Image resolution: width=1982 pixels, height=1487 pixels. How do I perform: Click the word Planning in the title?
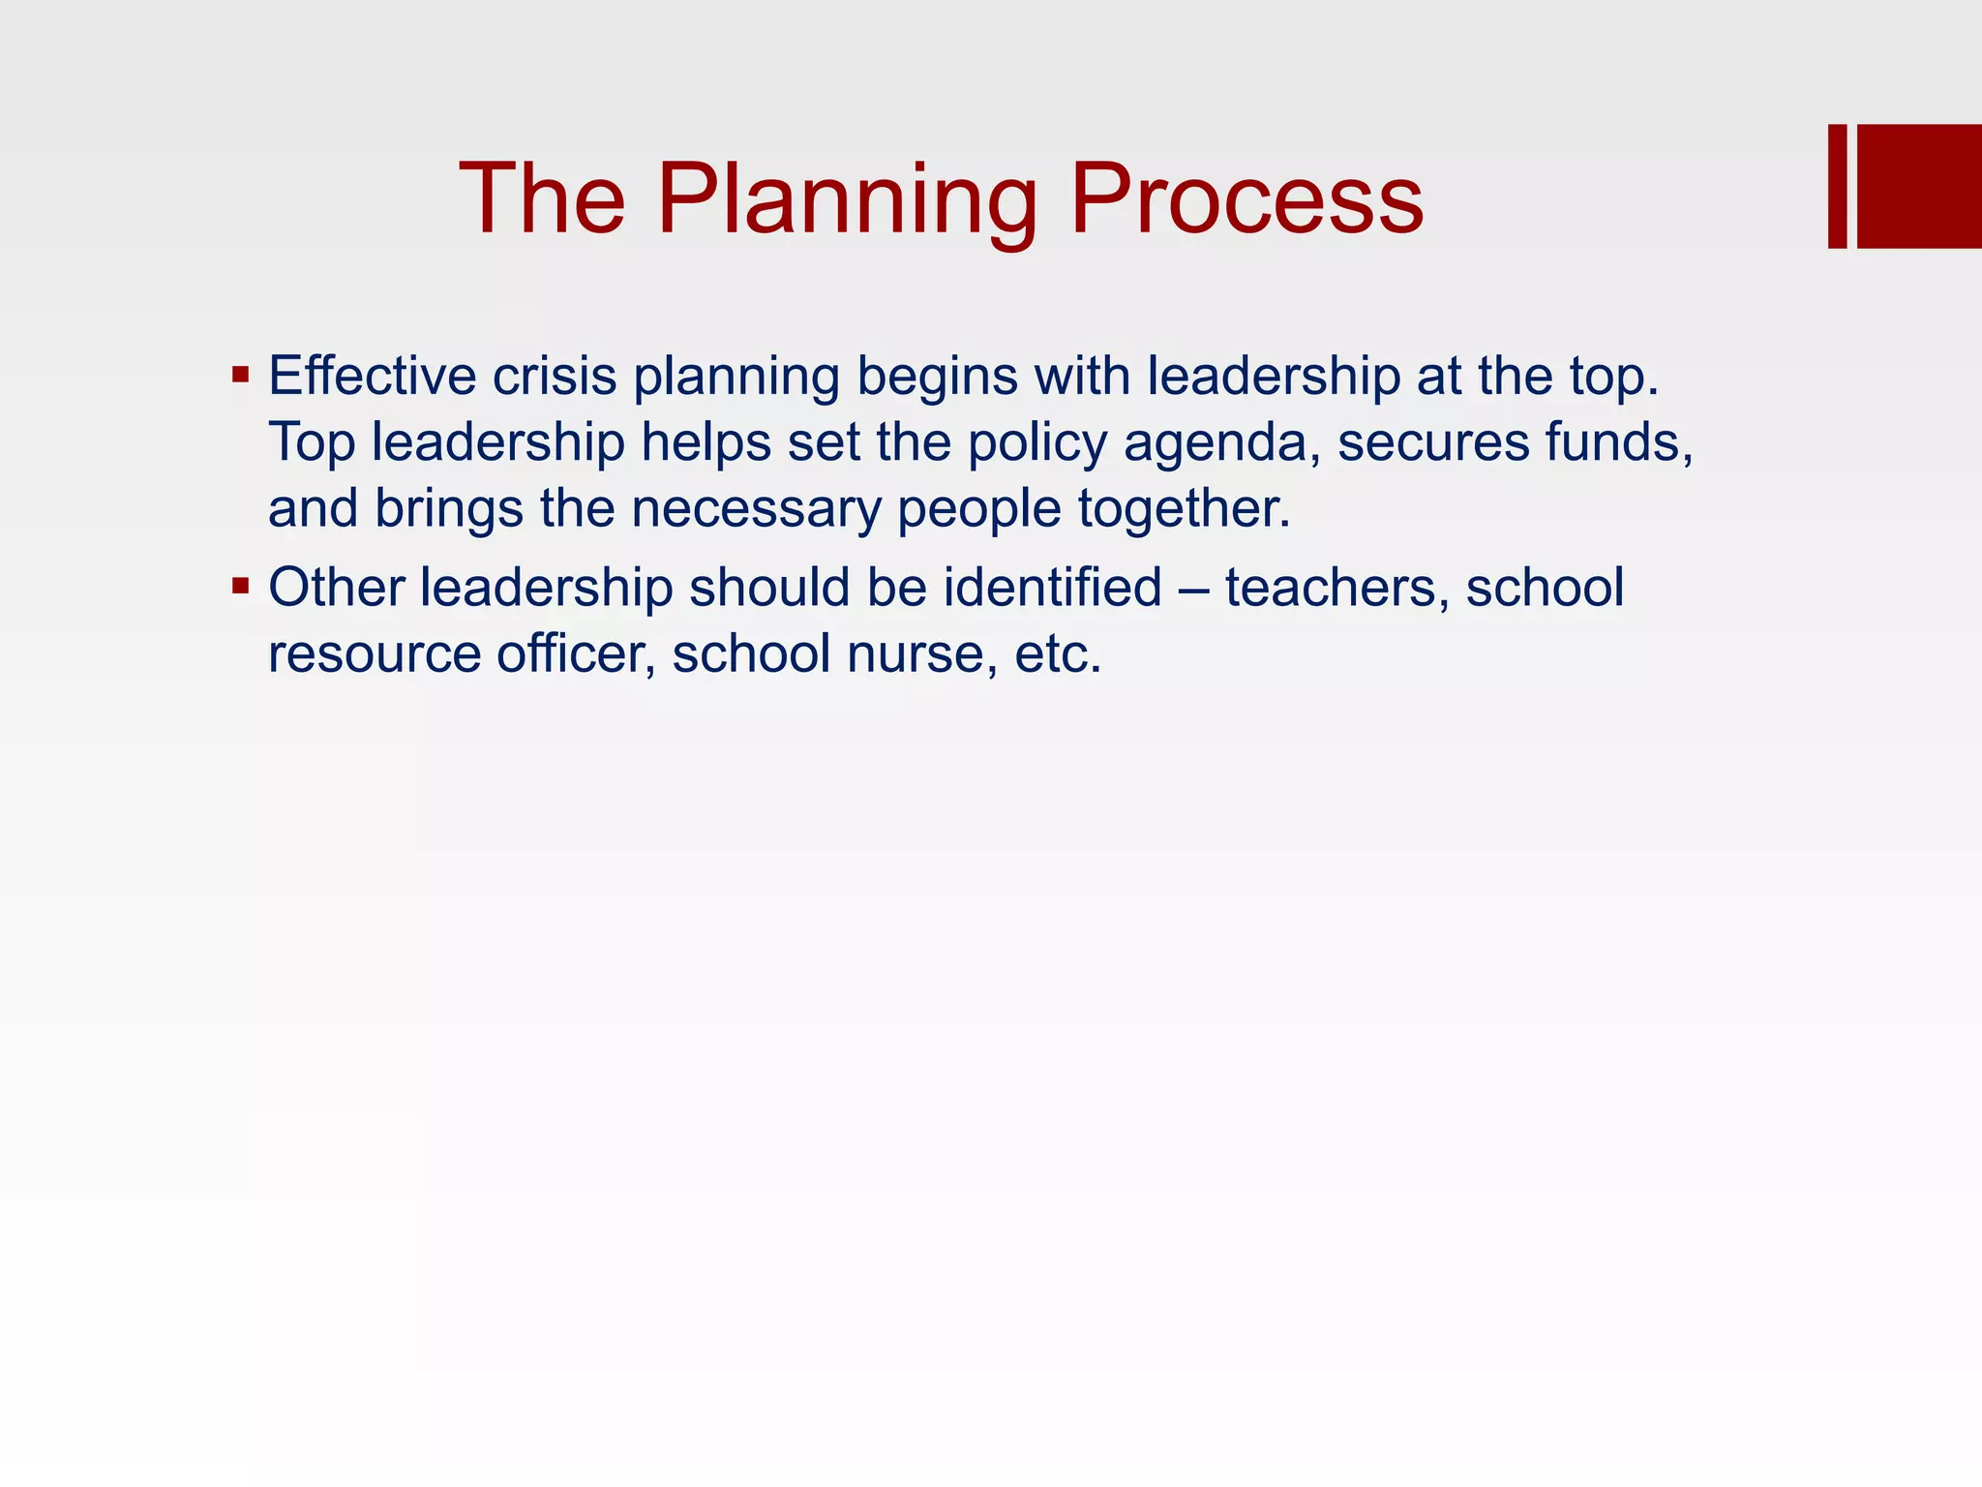[846, 200]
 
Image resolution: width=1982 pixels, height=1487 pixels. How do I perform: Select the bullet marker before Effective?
[241, 375]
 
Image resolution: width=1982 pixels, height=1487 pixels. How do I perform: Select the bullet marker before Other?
[241, 586]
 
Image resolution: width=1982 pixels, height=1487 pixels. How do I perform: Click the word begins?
[936, 378]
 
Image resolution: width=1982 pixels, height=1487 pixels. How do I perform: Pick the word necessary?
[756, 509]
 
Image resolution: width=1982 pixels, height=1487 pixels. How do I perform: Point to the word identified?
[1052, 588]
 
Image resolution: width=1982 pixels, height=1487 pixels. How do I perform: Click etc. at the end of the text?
[1058, 654]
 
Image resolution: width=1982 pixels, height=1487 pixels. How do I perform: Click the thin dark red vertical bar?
[1837, 186]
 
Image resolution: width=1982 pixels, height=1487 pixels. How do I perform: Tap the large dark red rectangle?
[1919, 186]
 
